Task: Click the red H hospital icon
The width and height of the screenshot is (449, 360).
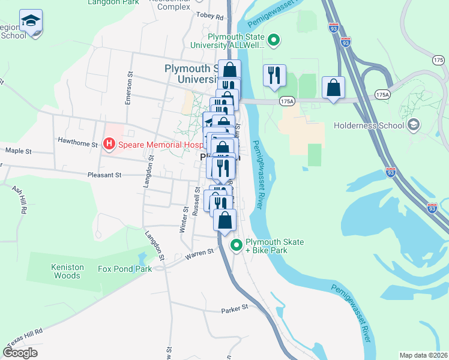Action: tap(109, 144)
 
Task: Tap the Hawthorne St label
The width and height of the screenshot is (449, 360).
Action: tap(77, 144)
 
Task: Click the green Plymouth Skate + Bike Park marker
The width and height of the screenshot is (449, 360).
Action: tap(237, 245)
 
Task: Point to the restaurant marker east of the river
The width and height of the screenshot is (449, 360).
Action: tap(274, 76)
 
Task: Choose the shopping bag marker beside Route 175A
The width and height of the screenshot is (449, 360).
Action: tap(333, 88)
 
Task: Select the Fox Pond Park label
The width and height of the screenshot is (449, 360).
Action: tap(125, 269)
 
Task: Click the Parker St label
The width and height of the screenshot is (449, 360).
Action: tap(234, 308)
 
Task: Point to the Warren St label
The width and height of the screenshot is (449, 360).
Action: tap(199, 254)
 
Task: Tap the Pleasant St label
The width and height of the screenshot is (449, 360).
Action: tap(106, 175)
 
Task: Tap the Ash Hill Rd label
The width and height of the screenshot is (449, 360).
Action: tap(19, 200)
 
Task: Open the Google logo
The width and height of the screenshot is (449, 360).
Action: tap(20, 353)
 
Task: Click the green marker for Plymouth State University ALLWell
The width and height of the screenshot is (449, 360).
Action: tap(274, 41)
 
